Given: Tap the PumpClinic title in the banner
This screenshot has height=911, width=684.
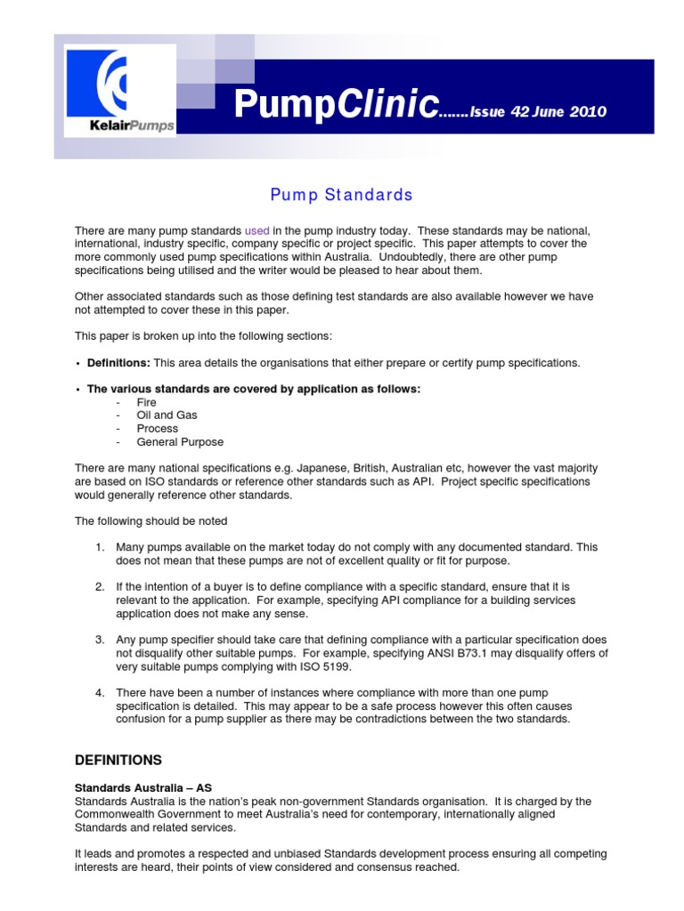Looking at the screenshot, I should coord(336,107).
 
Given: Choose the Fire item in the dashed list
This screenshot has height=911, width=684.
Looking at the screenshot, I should coord(146,402).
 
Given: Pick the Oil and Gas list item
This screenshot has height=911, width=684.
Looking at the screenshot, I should coord(167,415).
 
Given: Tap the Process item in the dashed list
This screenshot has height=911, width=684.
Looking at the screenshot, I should coord(157,429).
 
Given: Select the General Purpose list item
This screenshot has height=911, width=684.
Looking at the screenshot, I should coord(180,442).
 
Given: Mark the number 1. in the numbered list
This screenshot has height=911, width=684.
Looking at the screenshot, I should coord(101,546).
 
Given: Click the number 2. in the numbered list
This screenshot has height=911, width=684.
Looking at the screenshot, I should coord(101,587).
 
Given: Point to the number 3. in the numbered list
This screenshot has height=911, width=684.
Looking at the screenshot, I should coord(101,640).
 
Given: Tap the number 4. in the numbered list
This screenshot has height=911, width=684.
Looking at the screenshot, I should coord(101,692).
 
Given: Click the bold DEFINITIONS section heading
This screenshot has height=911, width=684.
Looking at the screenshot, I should coord(118,760).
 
